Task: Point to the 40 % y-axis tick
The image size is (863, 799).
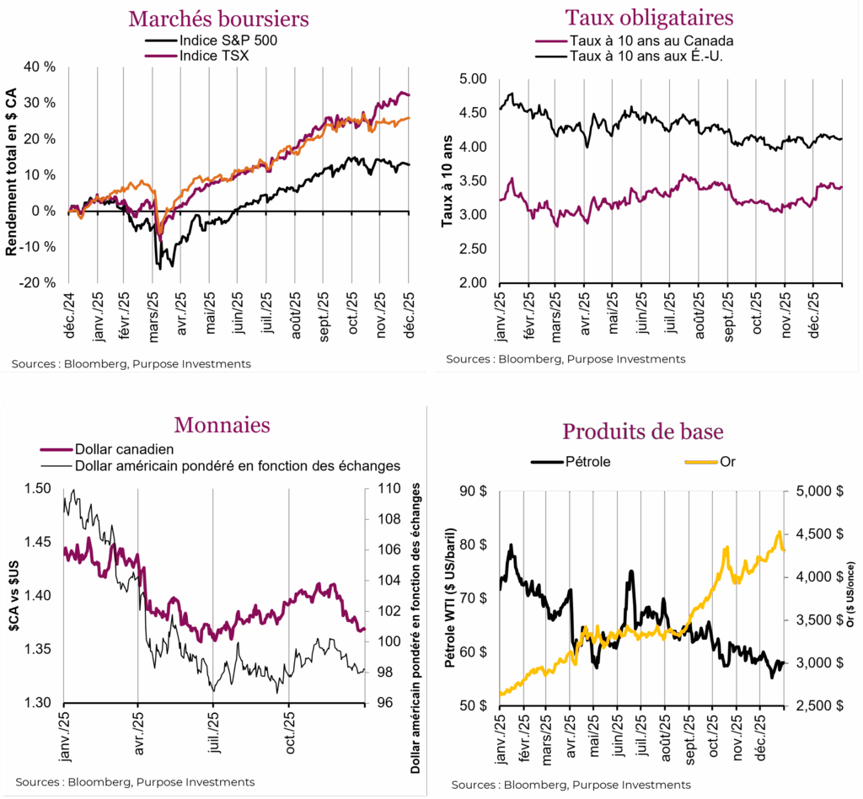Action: click(x=39, y=67)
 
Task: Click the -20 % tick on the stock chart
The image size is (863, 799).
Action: click(x=39, y=282)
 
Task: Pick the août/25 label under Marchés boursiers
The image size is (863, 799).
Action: click(x=296, y=316)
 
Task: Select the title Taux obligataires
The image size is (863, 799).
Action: click(x=649, y=18)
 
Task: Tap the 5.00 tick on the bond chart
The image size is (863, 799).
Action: click(x=474, y=79)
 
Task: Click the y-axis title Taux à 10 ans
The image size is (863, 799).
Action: click(x=447, y=180)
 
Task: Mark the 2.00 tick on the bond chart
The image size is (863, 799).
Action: click(x=474, y=282)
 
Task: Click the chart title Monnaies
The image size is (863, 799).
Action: click(x=222, y=425)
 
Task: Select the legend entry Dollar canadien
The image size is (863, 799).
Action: click(x=124, y=450)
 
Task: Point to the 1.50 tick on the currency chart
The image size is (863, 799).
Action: click(x=39, y=489)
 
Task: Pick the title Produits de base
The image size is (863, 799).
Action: click(x=642, y=432)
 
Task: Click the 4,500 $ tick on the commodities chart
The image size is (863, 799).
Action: click(x=814, y=534)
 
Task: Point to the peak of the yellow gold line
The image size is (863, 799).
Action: click(x=779, y=532)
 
